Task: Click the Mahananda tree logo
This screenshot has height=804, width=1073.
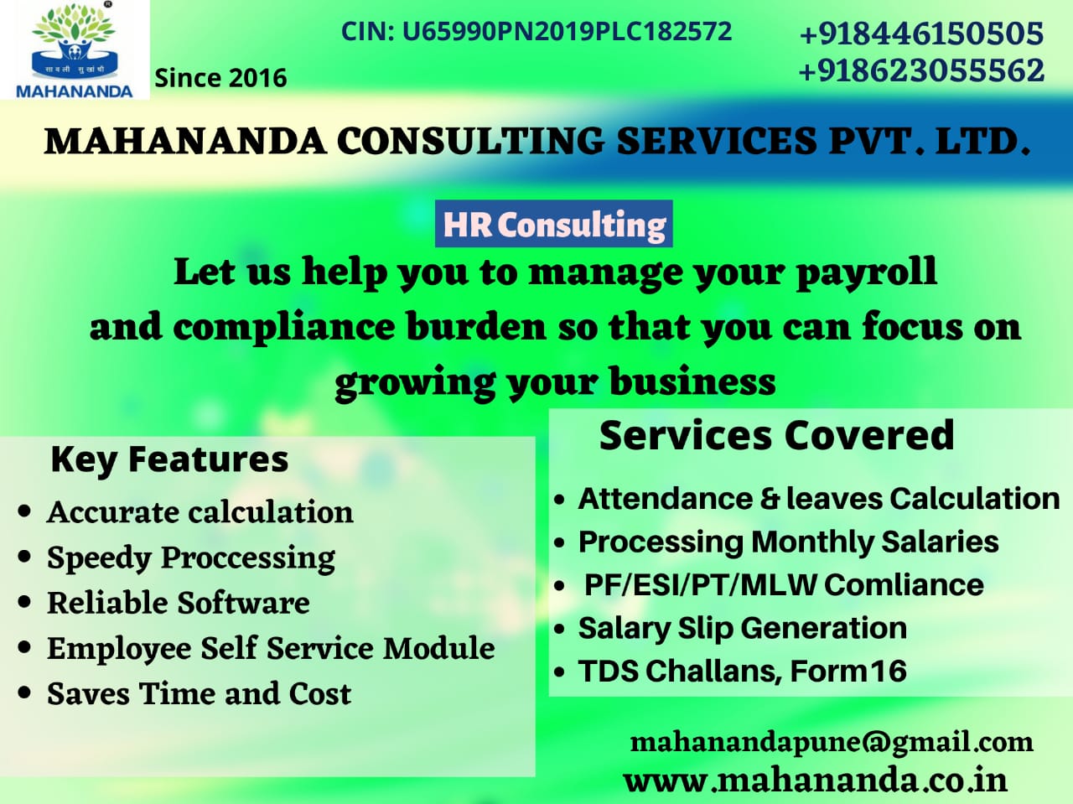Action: coord(75,49)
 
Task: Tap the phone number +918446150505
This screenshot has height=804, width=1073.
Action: coord(921,34)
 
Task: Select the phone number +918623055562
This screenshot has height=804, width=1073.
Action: coord(921,70)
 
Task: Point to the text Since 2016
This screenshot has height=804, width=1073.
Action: coord(220,78)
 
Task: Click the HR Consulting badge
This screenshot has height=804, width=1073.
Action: coord(554,224)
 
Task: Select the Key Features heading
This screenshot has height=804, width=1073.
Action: coord(169,460)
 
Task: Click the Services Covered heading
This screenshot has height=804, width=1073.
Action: coord(777,435)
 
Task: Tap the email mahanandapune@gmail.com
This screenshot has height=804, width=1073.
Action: coord(832,744)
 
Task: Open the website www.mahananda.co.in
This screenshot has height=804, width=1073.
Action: coord(816,780)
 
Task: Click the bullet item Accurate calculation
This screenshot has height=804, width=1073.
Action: coord(200,512)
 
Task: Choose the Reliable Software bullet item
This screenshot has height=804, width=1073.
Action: coord(179,603)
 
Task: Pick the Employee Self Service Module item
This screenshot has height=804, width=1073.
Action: coord(271,648)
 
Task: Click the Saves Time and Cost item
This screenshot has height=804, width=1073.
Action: coord(199,693)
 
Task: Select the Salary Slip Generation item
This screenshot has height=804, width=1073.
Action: coord(743,628)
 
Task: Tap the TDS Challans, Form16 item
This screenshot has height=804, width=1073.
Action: coord(743,670)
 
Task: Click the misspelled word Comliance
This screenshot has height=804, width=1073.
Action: coord(904,584)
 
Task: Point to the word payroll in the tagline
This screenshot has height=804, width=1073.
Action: coord(867,272)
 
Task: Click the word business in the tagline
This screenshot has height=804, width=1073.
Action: coord(692,381)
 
